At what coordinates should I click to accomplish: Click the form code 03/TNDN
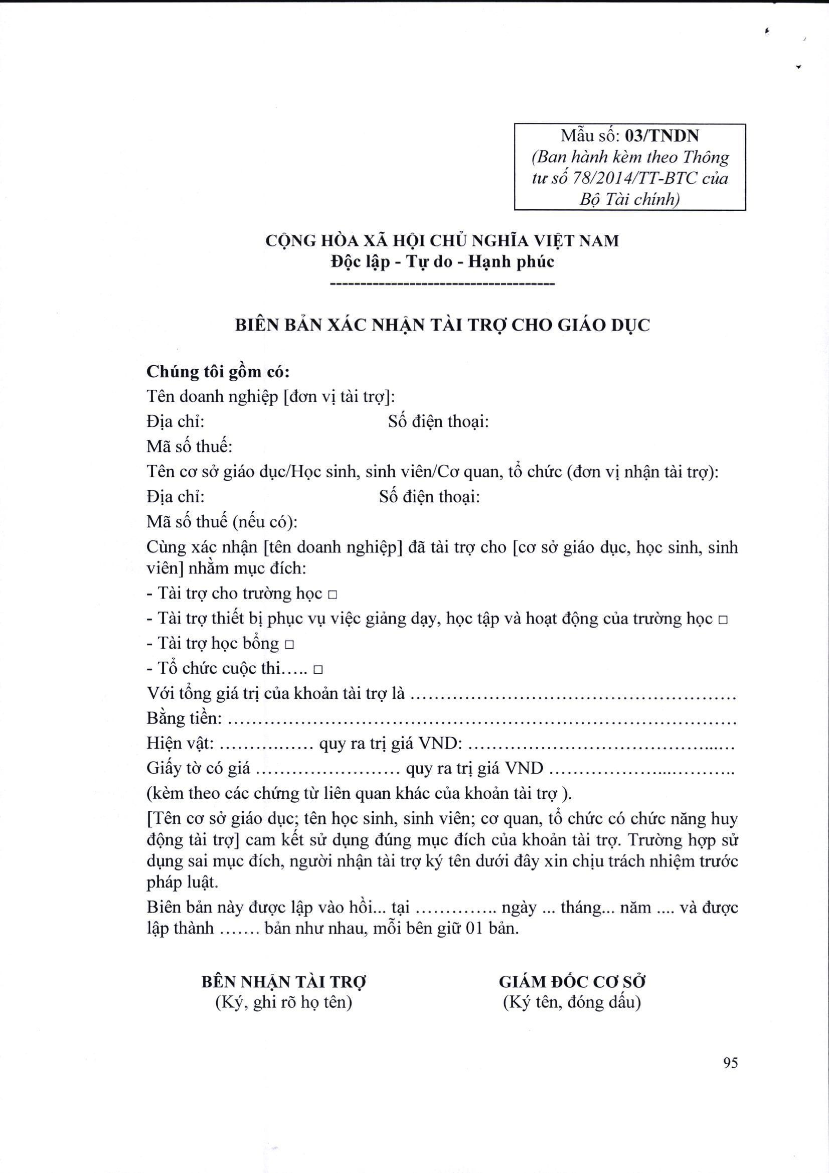click(662, 136)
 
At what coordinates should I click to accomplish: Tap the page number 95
click(730, 1063)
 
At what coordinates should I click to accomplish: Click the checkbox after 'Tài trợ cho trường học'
click(333, 595)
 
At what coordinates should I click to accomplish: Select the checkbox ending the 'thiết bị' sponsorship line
click(722, 620)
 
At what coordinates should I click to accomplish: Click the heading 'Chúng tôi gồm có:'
click(218, 372)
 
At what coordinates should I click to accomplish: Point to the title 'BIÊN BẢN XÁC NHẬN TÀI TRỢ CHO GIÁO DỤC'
click(442, 326)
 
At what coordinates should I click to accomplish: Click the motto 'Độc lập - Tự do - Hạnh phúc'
click(442, 261)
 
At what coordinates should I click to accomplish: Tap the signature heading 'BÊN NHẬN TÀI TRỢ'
click(284, 981)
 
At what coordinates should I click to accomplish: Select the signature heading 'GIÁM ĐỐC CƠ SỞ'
click(572, 981)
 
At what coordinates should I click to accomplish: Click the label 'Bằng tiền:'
click(185, 718)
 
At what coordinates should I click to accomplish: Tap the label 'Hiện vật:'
click(181, 744)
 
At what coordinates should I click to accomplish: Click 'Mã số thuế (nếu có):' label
click(222, 522)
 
